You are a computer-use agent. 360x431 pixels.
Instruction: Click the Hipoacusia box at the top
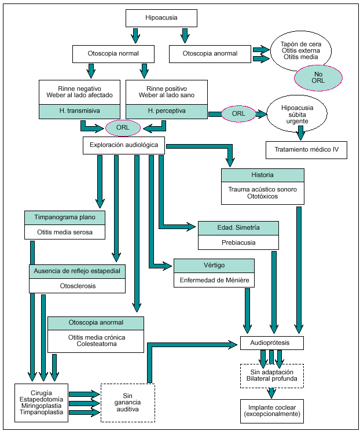pos(161,19)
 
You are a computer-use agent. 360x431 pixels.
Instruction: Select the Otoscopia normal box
pos(113,54)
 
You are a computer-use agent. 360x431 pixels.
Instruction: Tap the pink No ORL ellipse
pos(318,77)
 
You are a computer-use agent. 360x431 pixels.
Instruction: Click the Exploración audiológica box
pos(124,145)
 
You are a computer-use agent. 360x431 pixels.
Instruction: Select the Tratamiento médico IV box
pos(306,150)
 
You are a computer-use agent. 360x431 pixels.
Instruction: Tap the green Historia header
pos(262,175)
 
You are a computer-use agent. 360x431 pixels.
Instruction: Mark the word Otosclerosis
pos(77,285)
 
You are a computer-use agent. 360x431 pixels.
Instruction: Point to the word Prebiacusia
pos(237,243)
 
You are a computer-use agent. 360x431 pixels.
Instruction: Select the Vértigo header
pos(214,266)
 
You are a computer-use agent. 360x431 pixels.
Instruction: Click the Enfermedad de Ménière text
pos(214,281)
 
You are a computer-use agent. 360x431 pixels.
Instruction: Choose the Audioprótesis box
pos(272,343)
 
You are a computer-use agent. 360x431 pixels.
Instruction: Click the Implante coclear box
pos(271,411)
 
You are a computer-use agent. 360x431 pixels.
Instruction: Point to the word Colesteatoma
pos(95,344)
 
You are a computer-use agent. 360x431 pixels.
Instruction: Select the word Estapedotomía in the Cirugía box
pos(42,399)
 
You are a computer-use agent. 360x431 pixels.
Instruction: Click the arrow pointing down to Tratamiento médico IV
pos(300,134)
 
